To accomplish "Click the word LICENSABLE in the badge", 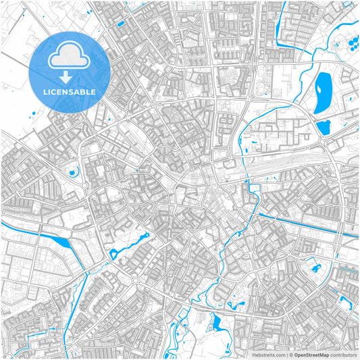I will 70,91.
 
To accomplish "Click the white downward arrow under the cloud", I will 70,74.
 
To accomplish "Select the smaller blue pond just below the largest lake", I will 323,126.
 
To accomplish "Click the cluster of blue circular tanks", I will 352,45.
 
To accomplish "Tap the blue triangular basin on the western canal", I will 61,241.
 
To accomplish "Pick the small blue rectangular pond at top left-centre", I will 121,24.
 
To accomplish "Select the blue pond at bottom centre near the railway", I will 217,324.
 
